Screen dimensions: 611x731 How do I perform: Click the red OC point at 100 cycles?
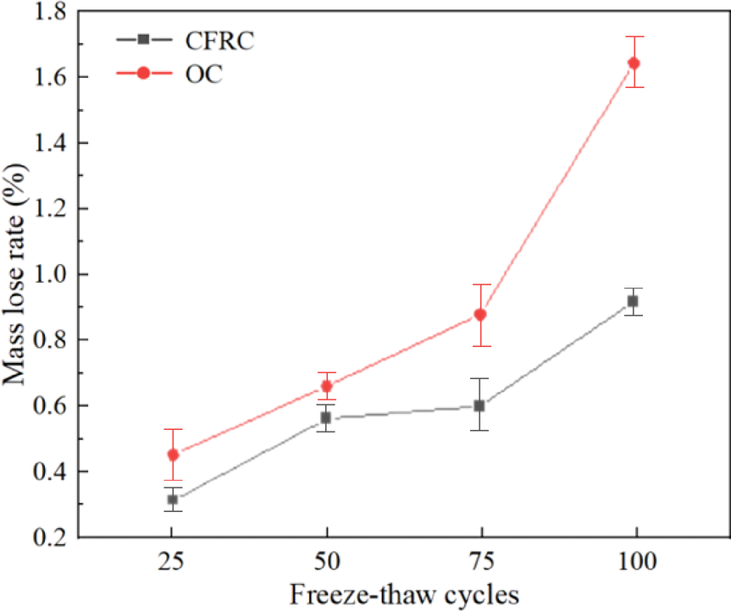point(633,63)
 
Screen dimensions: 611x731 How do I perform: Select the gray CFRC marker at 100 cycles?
point(633,301)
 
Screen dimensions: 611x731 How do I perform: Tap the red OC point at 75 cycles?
point(480,314)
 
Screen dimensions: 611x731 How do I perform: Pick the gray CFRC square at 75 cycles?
point(479,405)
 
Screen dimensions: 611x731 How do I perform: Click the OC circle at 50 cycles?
point(326,387)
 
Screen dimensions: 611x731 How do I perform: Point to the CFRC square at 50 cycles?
point(326,417)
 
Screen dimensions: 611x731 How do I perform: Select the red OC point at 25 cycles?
point(173,454)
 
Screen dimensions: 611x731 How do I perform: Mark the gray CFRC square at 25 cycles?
point(173,499)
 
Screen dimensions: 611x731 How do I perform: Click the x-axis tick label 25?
point(172,562)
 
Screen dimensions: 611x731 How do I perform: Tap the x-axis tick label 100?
point(633,562)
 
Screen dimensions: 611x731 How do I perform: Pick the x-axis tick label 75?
point(479,562)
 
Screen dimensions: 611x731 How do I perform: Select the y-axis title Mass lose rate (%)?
point(15,274)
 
